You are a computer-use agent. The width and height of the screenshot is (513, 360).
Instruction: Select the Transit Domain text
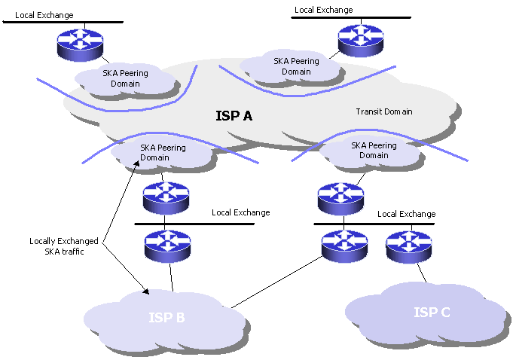(x=383, y=112)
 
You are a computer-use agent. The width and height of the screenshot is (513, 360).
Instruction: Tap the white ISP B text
(x=166, y=317)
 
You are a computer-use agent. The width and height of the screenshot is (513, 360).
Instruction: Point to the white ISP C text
(x=432, y=312)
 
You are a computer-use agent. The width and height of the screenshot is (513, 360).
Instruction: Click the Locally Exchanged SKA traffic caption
(x=64, y=246)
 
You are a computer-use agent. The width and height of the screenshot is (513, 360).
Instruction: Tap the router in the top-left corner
(x=81, y=42)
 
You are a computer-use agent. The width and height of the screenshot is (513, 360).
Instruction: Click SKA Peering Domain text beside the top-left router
(x=125, y=78)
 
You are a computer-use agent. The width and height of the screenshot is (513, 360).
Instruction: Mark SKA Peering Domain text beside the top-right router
(x=296, y=66)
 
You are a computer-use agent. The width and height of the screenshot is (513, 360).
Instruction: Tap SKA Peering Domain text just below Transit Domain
(x=374, y=150)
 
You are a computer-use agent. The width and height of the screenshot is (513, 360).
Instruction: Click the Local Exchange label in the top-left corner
(x=44, y=14)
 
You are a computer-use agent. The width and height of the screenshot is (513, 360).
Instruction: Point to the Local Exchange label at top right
(x=323, y=10)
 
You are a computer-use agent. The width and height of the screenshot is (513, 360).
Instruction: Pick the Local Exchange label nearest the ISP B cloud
(x=240, y=212)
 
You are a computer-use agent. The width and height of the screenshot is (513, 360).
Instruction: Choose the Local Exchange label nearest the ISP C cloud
(x=406, y=214)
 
